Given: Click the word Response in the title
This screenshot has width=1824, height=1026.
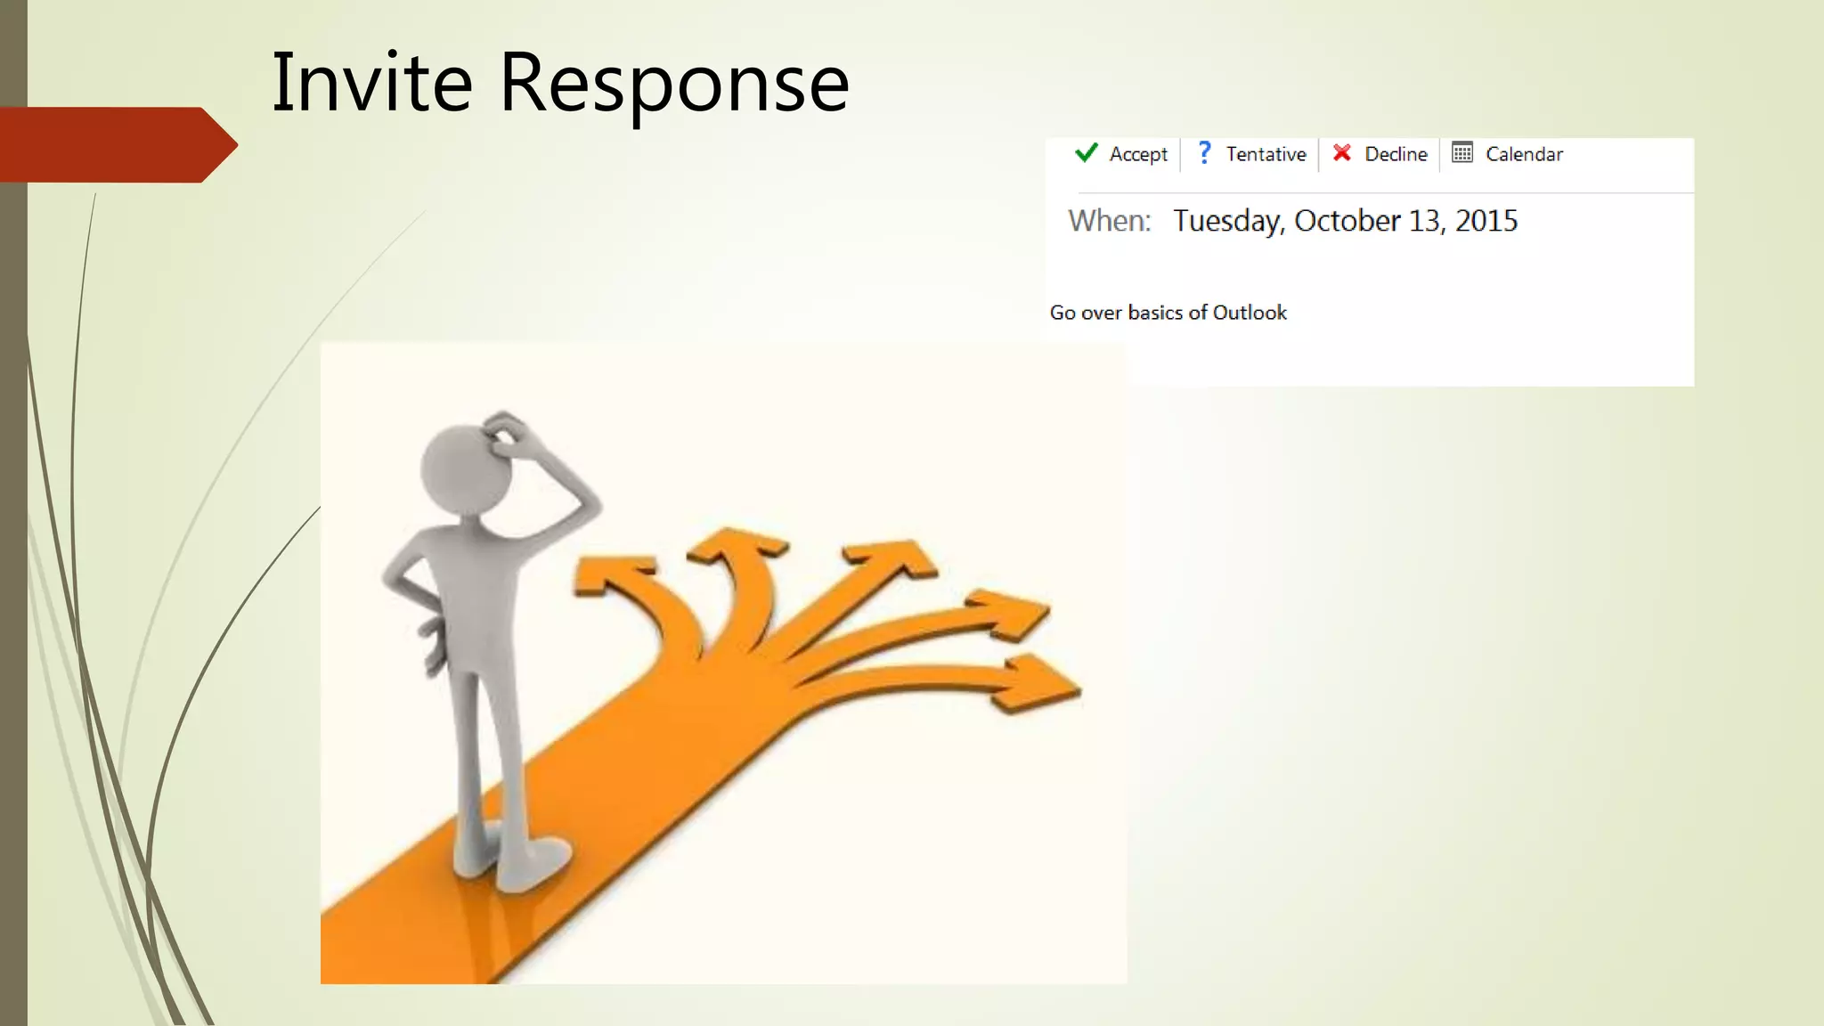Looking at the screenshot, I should tap(673, 85).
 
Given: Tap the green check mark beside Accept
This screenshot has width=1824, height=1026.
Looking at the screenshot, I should tap(1086, 153).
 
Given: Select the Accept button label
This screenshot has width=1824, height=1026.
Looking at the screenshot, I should tap(1137, 155).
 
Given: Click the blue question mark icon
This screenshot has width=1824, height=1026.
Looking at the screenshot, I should tap(1204, 153).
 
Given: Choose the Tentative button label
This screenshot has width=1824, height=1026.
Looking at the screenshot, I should tap(1266, 154).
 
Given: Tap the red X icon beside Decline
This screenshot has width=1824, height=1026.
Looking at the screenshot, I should tap(1341, 153).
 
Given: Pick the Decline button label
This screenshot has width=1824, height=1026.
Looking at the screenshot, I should tap(1396, 154).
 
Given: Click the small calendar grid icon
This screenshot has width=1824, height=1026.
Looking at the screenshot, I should tap(1462, 153).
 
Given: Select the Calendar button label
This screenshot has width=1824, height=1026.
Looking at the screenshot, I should tap(1524, 154).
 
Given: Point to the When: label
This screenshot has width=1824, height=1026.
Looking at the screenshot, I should tap(1110, 221).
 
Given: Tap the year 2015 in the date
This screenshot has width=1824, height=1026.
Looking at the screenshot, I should tap(1486, 221).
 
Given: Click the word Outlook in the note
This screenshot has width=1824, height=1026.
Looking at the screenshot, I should tap(1250, 313).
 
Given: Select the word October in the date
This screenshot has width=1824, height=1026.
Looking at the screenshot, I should tap(1347, 221).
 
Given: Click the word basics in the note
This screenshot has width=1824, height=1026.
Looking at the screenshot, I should tap(1155, 313).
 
